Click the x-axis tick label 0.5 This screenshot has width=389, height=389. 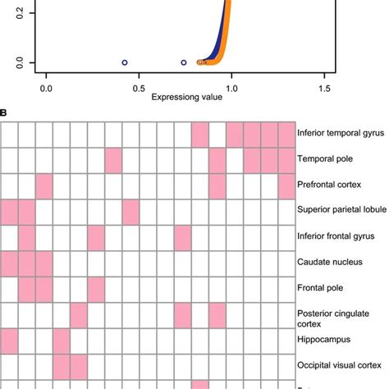point(139,86)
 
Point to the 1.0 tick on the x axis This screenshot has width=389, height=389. point(231,86)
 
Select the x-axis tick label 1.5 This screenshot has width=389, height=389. point(324,86)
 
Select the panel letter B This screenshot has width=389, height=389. point(4,114)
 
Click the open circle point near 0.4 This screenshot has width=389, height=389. point(125,62)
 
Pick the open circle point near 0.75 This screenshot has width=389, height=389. point(183,62)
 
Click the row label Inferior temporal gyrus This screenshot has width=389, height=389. point(343,135)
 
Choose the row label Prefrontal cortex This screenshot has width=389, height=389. point(333,186)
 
